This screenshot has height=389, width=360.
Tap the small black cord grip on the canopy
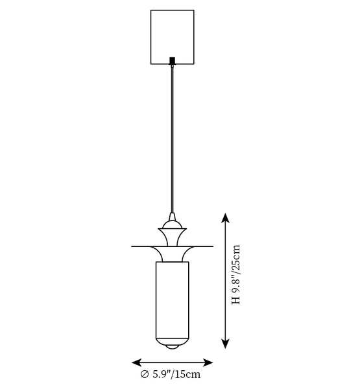pyautogui.click(x=173, y=60)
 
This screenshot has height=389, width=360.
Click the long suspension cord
pyautogui.click(x=172, y=139)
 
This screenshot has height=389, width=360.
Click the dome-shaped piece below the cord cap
pyautogui.click(x=172, y=225)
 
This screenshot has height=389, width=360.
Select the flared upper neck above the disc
pyautogui.click(x=172, y=237)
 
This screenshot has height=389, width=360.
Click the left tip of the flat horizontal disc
pyautogui.click(x=132, y=246)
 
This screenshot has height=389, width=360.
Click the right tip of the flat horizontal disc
pyautogui.click(x=213, y=246)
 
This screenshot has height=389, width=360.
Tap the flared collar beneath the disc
pyautogui.click(x=172, y=254)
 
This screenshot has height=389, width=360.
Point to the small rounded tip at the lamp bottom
pyautogui.click(x=173, y=347)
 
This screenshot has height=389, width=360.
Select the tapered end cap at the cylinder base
pyautogui.click(x=172, y=342)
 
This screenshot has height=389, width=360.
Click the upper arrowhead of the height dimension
pyautogui.click(x=225, y=218)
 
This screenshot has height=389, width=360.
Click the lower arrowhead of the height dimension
pyautogui.click(x=225, y=344)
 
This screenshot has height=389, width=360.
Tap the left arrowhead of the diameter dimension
pyautogui.click(x=137, y=362)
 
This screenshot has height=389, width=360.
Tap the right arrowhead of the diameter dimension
pyautogui.click(x=208, y=362)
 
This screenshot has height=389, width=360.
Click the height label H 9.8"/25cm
pyautogui.click(x=236, y=274)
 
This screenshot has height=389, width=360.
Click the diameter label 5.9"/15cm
pyautogui.click(x=176, y=374)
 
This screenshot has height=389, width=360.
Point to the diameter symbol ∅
pyautogui.click(x=145, y=374)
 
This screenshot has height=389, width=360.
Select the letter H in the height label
pyautogui.click(x=236, y=300)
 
